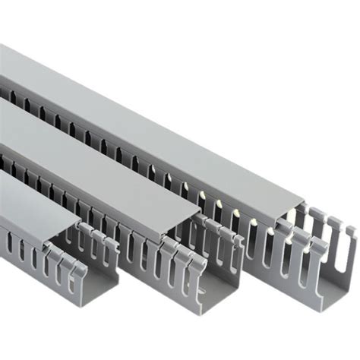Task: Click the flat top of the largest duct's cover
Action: pos(152,114)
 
